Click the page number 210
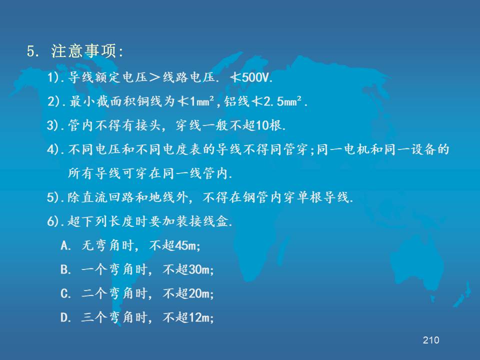[431, 340]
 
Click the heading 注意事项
[84, 51]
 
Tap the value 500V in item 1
[255, 77]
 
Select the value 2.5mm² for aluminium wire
[282, 101]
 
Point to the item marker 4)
[53, 149]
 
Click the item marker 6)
[53, 221]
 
